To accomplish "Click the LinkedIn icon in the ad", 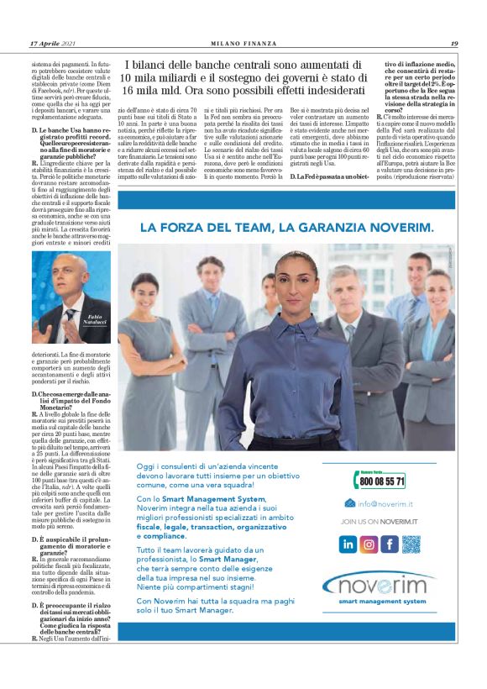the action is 348,544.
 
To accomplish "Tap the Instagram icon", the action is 369,544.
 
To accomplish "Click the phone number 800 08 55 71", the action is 382,481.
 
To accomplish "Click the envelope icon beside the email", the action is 350,503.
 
